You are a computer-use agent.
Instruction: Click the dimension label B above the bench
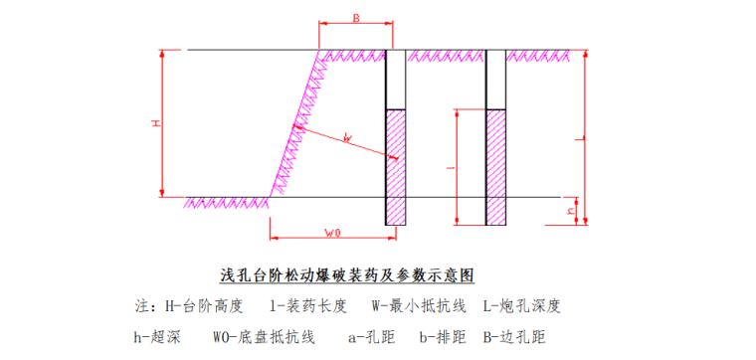tap(356, 18)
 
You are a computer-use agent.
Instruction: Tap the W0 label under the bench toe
tap(333, 233)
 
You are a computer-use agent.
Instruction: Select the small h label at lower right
tap(570, 211)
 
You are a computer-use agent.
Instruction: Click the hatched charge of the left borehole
tap(396, 164)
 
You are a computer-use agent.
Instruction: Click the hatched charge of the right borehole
tap(496, 164)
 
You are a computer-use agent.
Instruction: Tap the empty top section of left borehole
tap(396, 79)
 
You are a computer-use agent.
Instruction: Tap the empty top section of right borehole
tap(496, 79)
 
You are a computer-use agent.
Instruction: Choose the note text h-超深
tap(157, 336)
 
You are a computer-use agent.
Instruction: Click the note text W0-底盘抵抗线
tap(264, 336)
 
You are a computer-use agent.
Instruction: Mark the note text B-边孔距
tap(516, 336)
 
